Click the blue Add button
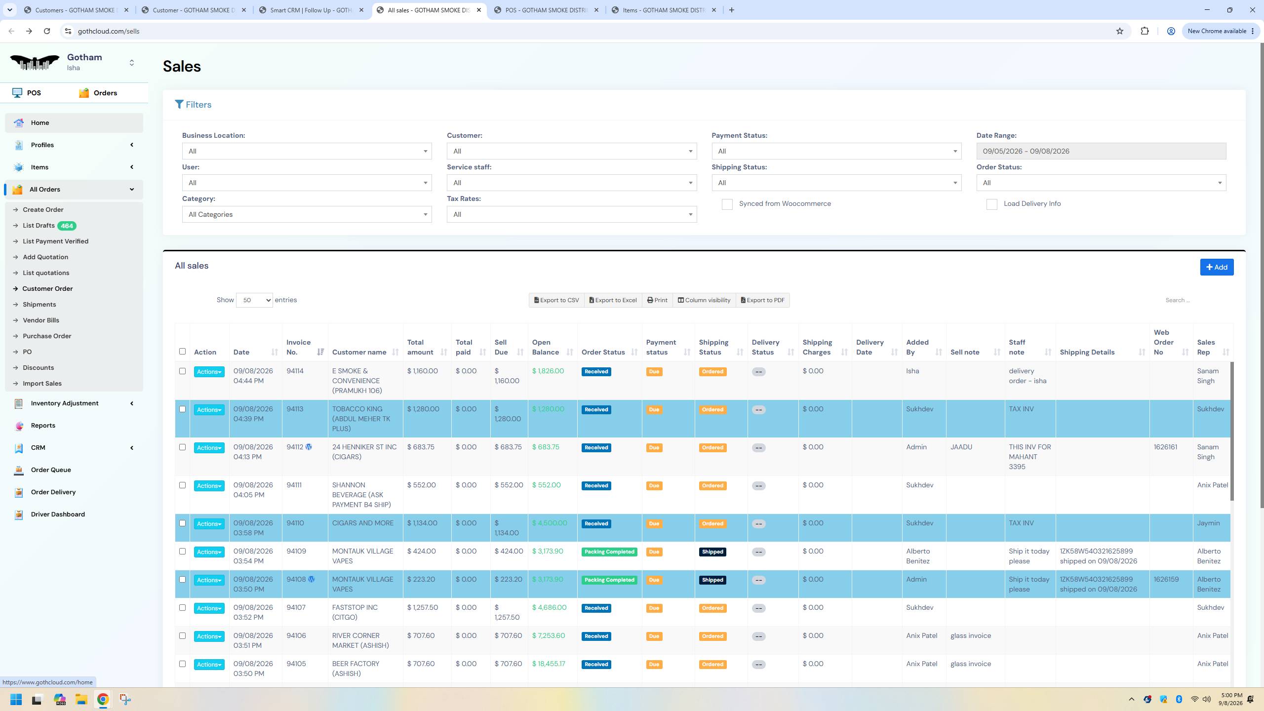(x=1217, y=267)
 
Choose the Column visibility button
(x=704, y=300)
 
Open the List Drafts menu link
(x=39, y=226)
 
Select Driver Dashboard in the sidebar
(x=58, y=514)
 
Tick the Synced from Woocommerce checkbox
(x=727, y=204)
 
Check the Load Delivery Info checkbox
(x=991, y=204)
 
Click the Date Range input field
(x=1101, y=151)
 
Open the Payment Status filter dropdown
(x=836, y=151)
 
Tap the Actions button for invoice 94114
(x=209, y=372)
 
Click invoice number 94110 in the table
(x=295, y=523)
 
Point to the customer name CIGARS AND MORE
(x=363, y=523)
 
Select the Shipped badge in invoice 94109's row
(x=712, y=552)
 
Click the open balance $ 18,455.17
(x=549, y=664)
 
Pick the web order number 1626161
(x=1165, y=447)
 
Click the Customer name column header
(x=359, y=352)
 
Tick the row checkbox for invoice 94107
(x=182, y=608)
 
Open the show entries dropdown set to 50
(x=254, y=300)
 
